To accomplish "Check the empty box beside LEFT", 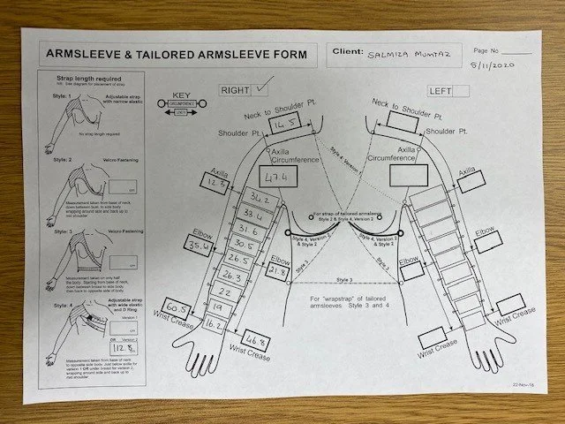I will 460,90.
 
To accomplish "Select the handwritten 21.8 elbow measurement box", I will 280,275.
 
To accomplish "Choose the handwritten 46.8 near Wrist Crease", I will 257,342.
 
